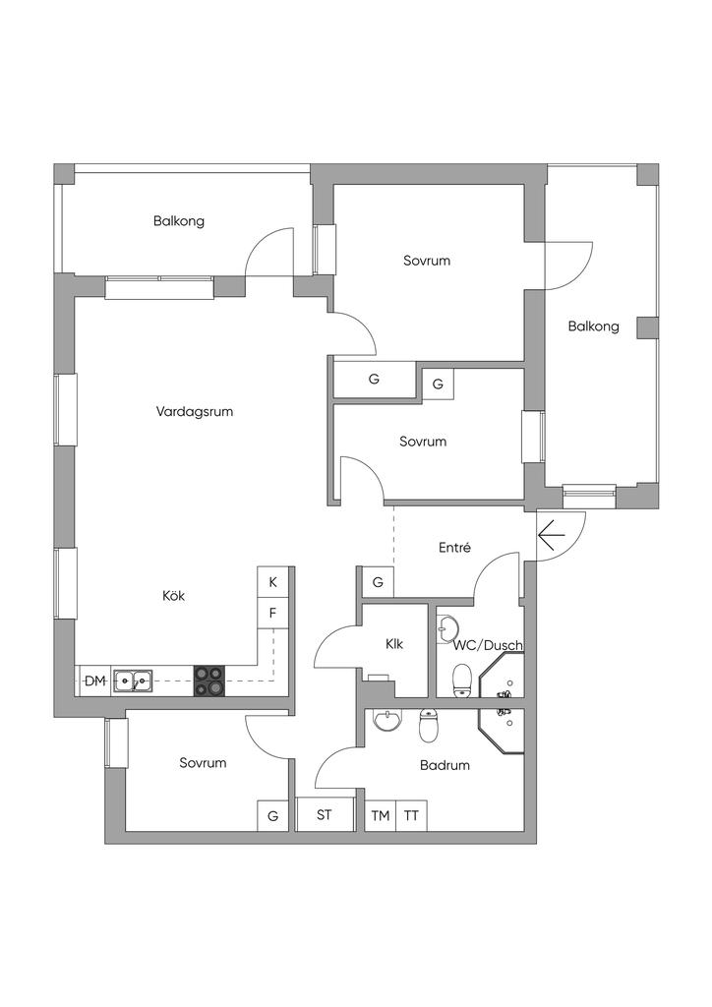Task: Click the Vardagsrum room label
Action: (195, 412)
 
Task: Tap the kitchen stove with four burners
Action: (208, 681)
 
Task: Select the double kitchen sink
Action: (133, 680)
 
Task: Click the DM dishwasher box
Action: (93, 681)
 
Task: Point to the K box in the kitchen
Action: (272, 582)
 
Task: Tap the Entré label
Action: (453, 548)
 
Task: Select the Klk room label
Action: (394, 644)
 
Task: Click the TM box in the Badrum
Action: (380, 815)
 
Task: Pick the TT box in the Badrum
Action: (411, 815)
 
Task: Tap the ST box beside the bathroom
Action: (325, 815)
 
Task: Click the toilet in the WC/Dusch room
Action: (459, 679)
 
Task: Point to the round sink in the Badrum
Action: (387, 723)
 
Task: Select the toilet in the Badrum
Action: (428, 727)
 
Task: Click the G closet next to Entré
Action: (377, 582)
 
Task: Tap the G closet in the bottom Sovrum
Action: (272, 815)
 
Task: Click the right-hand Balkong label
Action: (593, 326)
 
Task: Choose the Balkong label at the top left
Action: (179, 221)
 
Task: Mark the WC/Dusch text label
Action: (488, 645)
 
